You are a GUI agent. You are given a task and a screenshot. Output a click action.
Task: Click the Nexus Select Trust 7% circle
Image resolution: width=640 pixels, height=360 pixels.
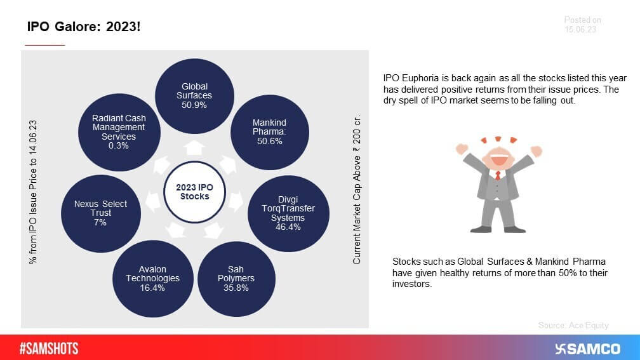click(x=100, y=213)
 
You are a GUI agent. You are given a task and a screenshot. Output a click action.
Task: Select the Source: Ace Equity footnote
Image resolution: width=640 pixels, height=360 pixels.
click(x=573, y=325)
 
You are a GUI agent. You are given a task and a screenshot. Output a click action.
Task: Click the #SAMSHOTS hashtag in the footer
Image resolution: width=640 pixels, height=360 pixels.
click(x=49, y=349)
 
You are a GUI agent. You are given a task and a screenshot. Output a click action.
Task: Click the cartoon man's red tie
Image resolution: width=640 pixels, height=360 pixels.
click(x=498, y=175)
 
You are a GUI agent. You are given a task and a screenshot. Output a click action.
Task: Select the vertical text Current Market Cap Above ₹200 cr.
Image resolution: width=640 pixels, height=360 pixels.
click(x=357, y=191)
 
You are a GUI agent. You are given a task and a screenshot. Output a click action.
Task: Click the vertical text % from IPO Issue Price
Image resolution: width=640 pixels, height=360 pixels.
click(x=32, y=191)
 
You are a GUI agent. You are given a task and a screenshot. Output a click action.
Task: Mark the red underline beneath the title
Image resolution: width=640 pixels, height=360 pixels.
click(x=44, y=45)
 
